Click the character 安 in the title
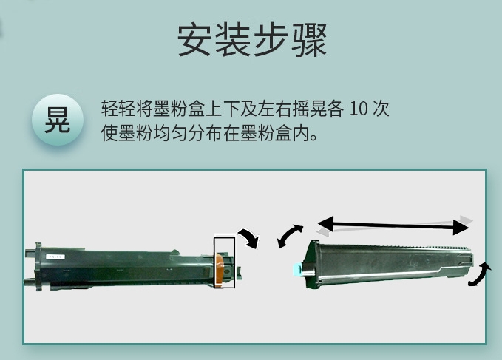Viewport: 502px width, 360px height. (195, 40)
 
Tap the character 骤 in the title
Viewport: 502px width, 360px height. (309, 40)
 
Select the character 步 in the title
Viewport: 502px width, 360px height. (271, 40)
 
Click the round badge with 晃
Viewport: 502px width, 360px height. (58, 120)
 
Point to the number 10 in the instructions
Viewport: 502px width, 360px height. (359, 109)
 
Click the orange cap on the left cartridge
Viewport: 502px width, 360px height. (220, 268)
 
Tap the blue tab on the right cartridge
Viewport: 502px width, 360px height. (297, 269)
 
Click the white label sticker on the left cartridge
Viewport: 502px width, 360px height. (55, 257)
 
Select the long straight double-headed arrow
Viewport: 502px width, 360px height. (393, 225)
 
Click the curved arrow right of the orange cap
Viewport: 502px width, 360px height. (251, 237)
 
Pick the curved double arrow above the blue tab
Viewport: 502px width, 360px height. (289, 236)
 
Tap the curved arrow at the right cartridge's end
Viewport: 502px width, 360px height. (481, 274)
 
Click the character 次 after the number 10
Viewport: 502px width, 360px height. (381, 109)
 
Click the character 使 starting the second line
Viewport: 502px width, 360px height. (109, 133)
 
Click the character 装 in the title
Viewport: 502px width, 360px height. (233, 40)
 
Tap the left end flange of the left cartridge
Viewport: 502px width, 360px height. (38, 267)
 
